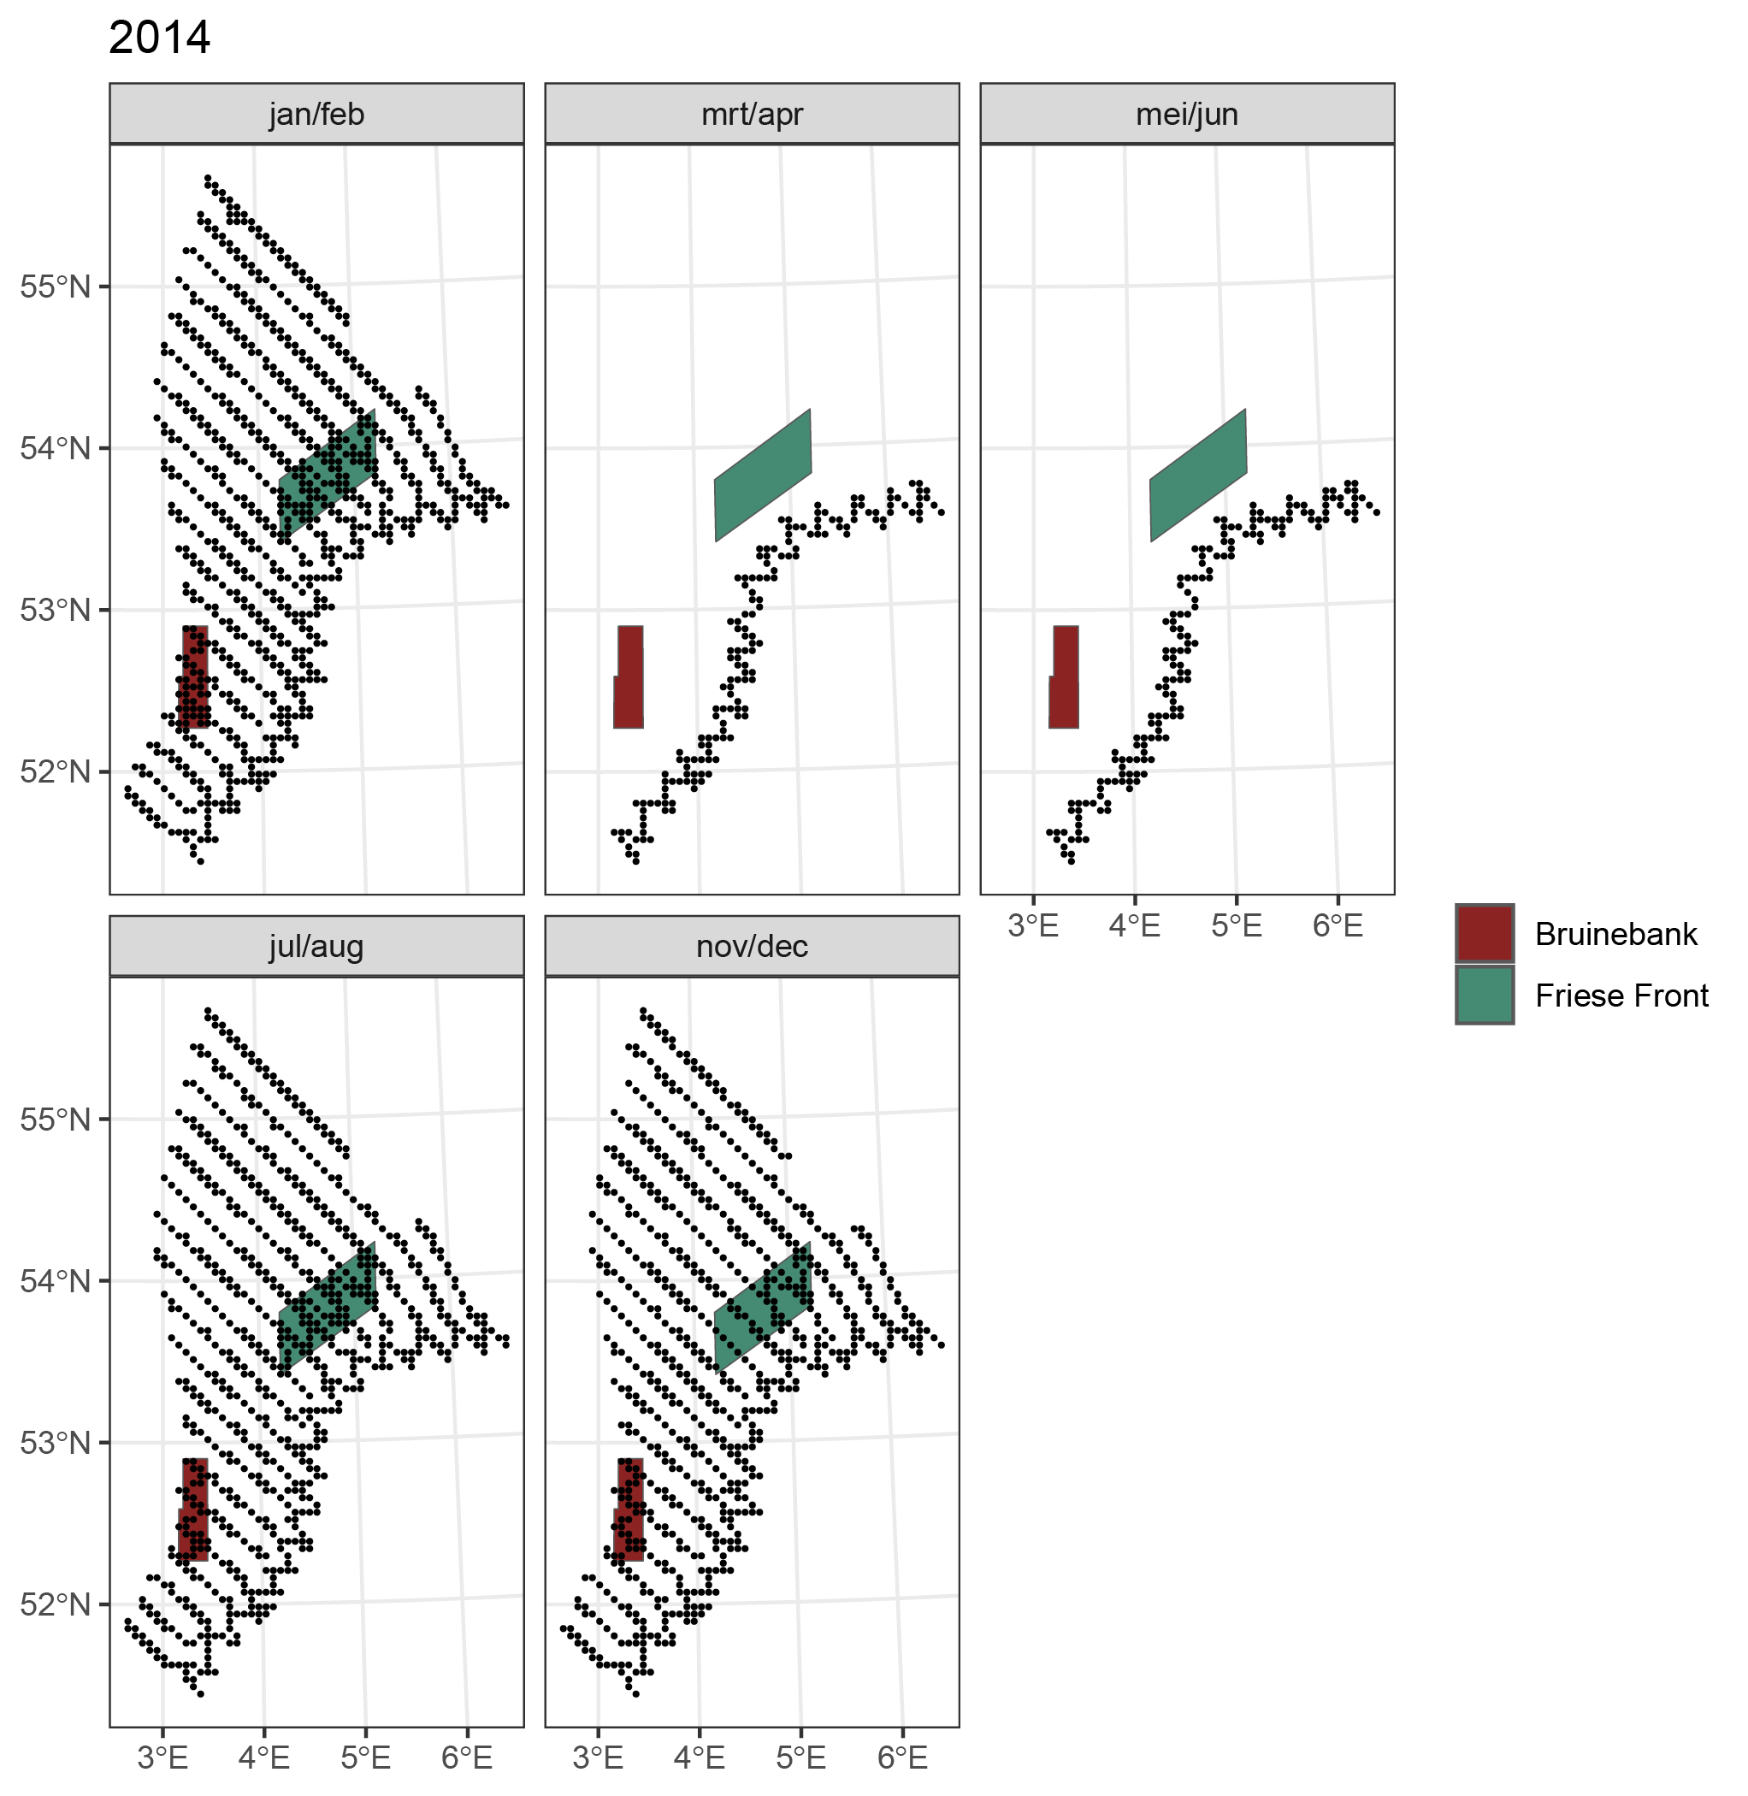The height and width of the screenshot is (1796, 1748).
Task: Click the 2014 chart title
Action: click(x=159, y=38)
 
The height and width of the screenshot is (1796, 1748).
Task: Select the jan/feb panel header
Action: click(x=316, y=114)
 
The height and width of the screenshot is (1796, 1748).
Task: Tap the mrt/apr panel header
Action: click(x=751, y=114)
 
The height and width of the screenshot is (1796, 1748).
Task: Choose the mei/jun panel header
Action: click(x=1186, y=114)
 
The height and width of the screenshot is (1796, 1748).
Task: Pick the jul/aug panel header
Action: click(x=316, y=946)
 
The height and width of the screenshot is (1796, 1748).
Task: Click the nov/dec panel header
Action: click(x=751, y=946)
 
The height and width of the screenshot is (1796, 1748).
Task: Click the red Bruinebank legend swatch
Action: click(x=1484, y=934)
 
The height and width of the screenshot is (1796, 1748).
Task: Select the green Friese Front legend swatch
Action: click(x=1484, y=995)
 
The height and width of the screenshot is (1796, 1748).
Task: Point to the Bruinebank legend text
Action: click(x=1615, y=934)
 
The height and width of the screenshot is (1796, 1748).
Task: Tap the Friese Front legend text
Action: click(x=1621, y=995)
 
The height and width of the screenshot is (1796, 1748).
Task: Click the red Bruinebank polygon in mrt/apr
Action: click(x=629, y=679)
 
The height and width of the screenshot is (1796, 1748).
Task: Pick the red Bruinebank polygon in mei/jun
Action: click(x=1064, y=679)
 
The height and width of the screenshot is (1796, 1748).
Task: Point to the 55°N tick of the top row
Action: click(x=55, y=287)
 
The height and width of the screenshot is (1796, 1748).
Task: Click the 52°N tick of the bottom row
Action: click(x=55, y=1604)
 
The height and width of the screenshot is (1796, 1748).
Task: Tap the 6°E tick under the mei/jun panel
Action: click(x=1337, y=925)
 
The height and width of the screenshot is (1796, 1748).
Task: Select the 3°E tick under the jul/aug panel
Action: click(x=162, y=1758)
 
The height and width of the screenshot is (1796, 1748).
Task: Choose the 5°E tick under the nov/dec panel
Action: click(x=800, y=1758)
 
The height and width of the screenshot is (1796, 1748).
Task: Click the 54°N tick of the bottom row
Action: click(x=55, y=1281)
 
